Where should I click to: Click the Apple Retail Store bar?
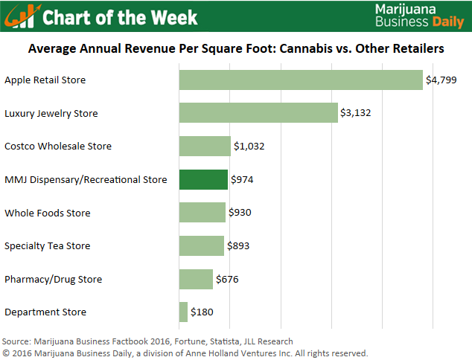pos(301,80)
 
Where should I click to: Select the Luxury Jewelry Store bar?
pos(258,113)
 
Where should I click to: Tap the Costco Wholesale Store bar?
pos(205,147)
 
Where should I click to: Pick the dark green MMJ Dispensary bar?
pos(203,179)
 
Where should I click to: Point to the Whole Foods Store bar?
pos(202,213)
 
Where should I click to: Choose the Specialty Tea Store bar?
pos(201,246)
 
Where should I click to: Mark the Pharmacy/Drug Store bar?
pos(196,279)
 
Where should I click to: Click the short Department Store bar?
pos(183,312)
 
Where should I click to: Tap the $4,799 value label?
pos(440,80)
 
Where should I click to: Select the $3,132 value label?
pos(356,113)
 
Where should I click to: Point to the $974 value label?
pos(244,180)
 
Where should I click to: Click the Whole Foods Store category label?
pos(47,213)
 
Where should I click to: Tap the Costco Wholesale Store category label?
pos(58,147)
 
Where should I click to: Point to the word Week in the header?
pos(173,16)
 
